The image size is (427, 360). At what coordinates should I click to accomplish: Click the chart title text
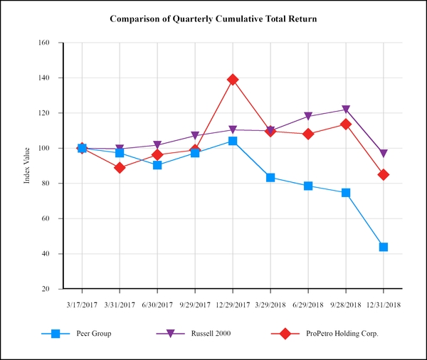coord(213,18)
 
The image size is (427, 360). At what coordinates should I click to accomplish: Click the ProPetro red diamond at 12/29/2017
coord(233,80)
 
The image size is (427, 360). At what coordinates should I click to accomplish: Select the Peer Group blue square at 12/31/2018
coord(384,247)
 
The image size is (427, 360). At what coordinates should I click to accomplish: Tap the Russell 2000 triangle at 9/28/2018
coord(346,110)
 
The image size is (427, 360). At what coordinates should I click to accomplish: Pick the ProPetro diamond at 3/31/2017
coord(120,168)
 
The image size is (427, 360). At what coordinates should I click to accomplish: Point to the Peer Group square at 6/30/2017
coord(157,165)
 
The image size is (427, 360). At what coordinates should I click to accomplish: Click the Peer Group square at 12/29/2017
coord(233,141)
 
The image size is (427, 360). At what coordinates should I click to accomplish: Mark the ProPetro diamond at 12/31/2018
coord(384,174)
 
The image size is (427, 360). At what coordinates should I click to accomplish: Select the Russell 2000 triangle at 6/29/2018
coord(308,117)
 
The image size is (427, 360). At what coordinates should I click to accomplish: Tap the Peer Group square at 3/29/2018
coord(270,177)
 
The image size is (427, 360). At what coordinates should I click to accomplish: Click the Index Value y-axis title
coord(27,166)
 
